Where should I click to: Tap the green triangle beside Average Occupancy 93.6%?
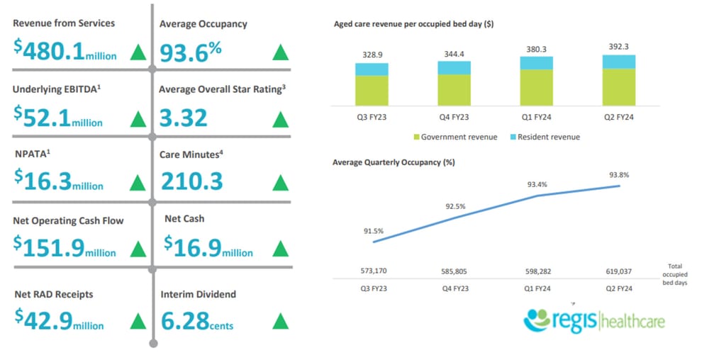click(x=281, y=52)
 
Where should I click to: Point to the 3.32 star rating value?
click(x=184, y=117)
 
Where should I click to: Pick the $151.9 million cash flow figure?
click(x=65, y=248)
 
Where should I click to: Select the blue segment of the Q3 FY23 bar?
click(x=372, y=69)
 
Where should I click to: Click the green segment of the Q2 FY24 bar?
click(x=618, y=86)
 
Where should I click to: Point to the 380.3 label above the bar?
click(x=537, y=48)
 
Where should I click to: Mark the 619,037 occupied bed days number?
click(x=618, y=271)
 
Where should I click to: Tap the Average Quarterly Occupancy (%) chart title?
click(x=393, y=162)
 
